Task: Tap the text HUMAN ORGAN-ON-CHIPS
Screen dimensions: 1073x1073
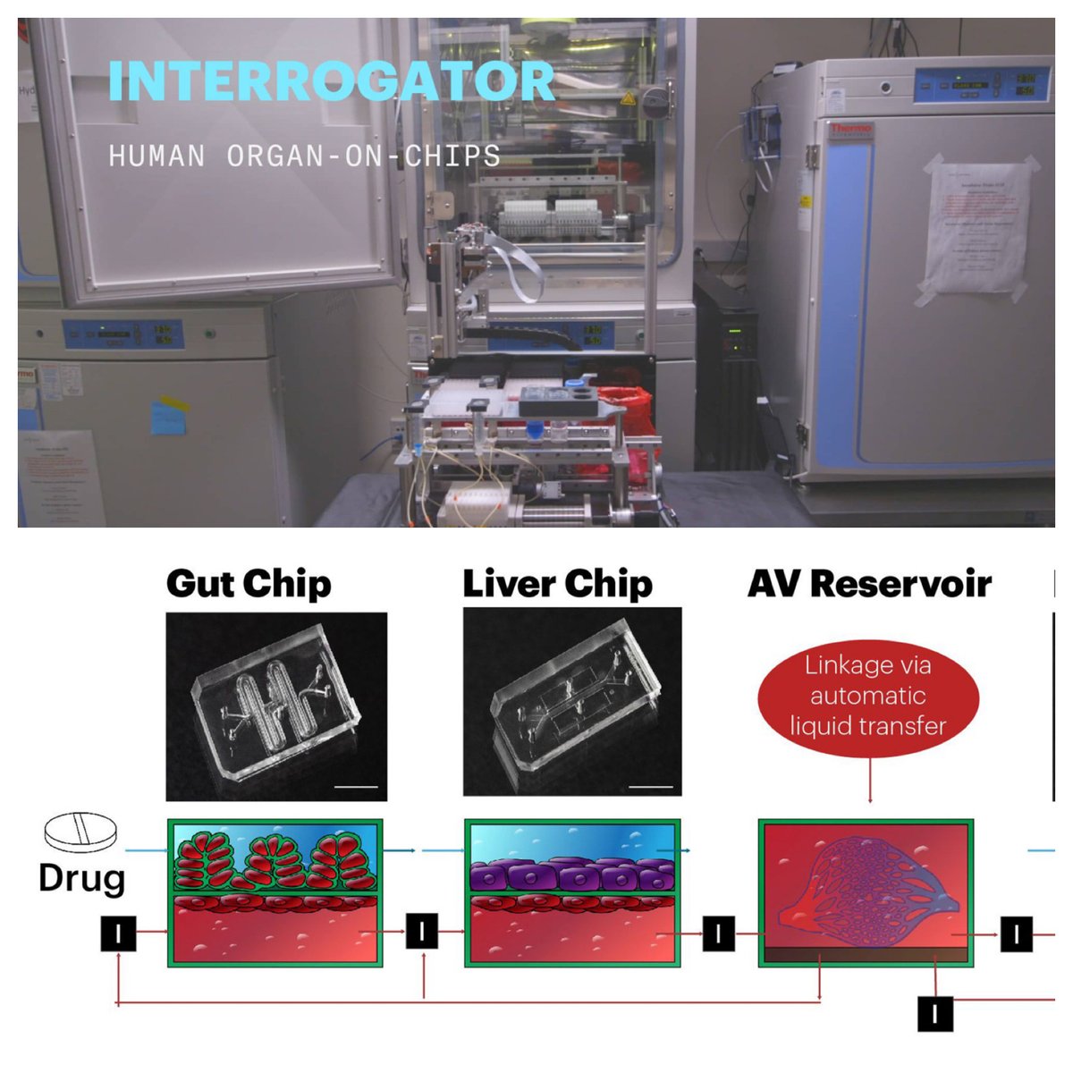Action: click(x=304, y=156)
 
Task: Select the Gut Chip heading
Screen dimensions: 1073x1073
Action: click(x=249, y=583)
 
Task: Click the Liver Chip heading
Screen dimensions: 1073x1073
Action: click(x=557, y=583)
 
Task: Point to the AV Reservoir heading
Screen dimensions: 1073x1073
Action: click(x=869, y=583)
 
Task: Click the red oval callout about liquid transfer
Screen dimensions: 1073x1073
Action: click(x=866, y=696)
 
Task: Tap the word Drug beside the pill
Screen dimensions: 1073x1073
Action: click(x=81, y=877)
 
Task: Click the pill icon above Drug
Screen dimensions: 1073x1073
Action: click(x=81, y=832)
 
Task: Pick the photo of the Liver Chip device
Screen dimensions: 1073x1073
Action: click(x=572, y=702)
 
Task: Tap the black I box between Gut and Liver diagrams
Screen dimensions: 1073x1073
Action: click(x=422, y=932)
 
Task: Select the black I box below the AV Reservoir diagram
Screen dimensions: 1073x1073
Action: click(x=934, y=1014)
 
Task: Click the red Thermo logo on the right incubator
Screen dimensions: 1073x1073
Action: click(x=851, y=131)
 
